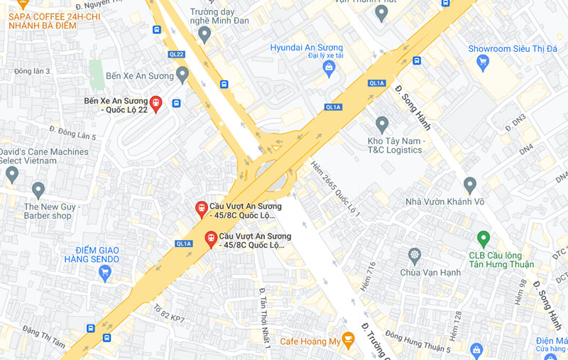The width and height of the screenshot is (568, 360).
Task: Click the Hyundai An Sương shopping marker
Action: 328,68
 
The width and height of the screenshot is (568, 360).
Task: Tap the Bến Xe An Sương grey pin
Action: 182,74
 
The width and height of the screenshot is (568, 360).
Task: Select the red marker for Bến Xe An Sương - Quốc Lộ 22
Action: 155,104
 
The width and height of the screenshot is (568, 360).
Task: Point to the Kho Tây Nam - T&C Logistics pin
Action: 382,124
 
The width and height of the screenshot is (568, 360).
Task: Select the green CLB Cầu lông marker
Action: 484,239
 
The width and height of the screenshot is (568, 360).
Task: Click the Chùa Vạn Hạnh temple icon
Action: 414,254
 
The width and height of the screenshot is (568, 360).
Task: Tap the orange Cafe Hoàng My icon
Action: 348,339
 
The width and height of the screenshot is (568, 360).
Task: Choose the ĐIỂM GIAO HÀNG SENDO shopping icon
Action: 105,272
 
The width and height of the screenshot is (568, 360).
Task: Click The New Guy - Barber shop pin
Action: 38,189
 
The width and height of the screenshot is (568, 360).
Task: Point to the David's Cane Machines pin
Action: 12,173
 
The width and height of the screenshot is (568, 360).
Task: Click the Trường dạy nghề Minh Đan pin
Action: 204,33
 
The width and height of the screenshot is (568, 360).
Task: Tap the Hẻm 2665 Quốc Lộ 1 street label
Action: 336,189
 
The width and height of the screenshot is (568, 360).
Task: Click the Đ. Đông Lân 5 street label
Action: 72,132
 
